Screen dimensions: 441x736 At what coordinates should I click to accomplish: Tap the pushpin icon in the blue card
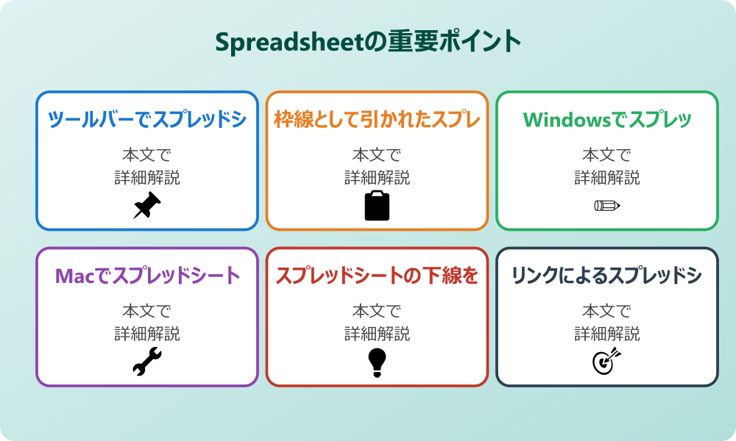pyautogui.click(x=147, y=205)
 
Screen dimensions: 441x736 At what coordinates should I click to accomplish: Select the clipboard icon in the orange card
pyautogui.click(x=377, y=206)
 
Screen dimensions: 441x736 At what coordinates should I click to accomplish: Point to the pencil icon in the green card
pyautogui.click(x=607, y=205)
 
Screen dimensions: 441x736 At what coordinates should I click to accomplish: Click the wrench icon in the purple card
pyautogui.click(x=147, y=362)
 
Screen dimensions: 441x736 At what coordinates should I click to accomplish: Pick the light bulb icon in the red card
pyautogui.click(x=377, y=362)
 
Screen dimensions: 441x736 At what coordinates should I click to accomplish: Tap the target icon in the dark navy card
pyautogui.click(x=607, y=361)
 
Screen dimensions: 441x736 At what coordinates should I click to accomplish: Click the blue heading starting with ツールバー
pyautogui.click(x=147, y=119)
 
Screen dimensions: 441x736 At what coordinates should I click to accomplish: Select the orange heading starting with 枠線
pyautogui.click(x=377, y=119)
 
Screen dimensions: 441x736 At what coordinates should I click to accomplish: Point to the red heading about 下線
pyautogui.click(x=377, y=276)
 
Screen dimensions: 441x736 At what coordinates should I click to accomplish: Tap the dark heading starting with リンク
pyautogui.click(x=607, y=276)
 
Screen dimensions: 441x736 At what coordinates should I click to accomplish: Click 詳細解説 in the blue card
pyautogui.click(x=147, y=177)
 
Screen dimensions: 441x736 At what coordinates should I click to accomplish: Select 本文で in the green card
pyautogui.click(x=607, y=155)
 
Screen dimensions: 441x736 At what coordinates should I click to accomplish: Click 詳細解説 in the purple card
pyautogui.click(x=147, y=334)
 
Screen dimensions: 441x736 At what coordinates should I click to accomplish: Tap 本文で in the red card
pyautogui.click(x=377, y=312)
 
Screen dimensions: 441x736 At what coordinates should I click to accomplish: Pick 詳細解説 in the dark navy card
pyautogui.click(x=607, y=334)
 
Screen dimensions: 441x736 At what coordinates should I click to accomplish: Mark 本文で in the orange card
pyautogui.click(x=377, y=155)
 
